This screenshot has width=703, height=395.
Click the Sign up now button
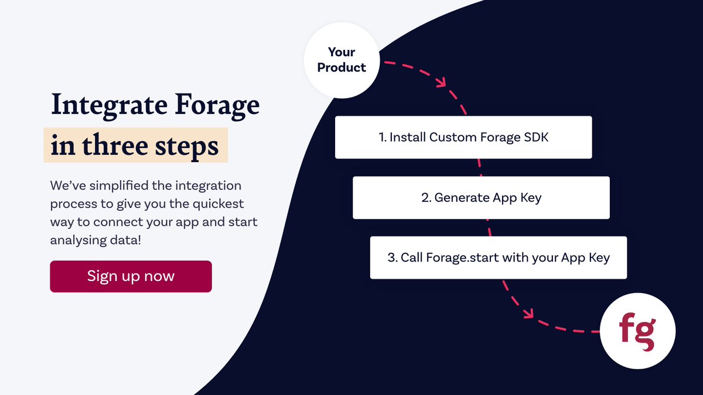tap(131, 276)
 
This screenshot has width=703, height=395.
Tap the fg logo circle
tap(638, 331)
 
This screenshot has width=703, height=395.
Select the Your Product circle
tap(342, 60)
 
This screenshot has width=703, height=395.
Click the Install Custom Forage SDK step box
tap(463, 137)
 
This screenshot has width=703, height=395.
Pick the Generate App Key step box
tap(481, 198)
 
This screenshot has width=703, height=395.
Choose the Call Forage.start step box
tap(498, 257)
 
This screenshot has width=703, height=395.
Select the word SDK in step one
tap(537, 138)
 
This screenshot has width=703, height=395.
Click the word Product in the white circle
tap(342, 68)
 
